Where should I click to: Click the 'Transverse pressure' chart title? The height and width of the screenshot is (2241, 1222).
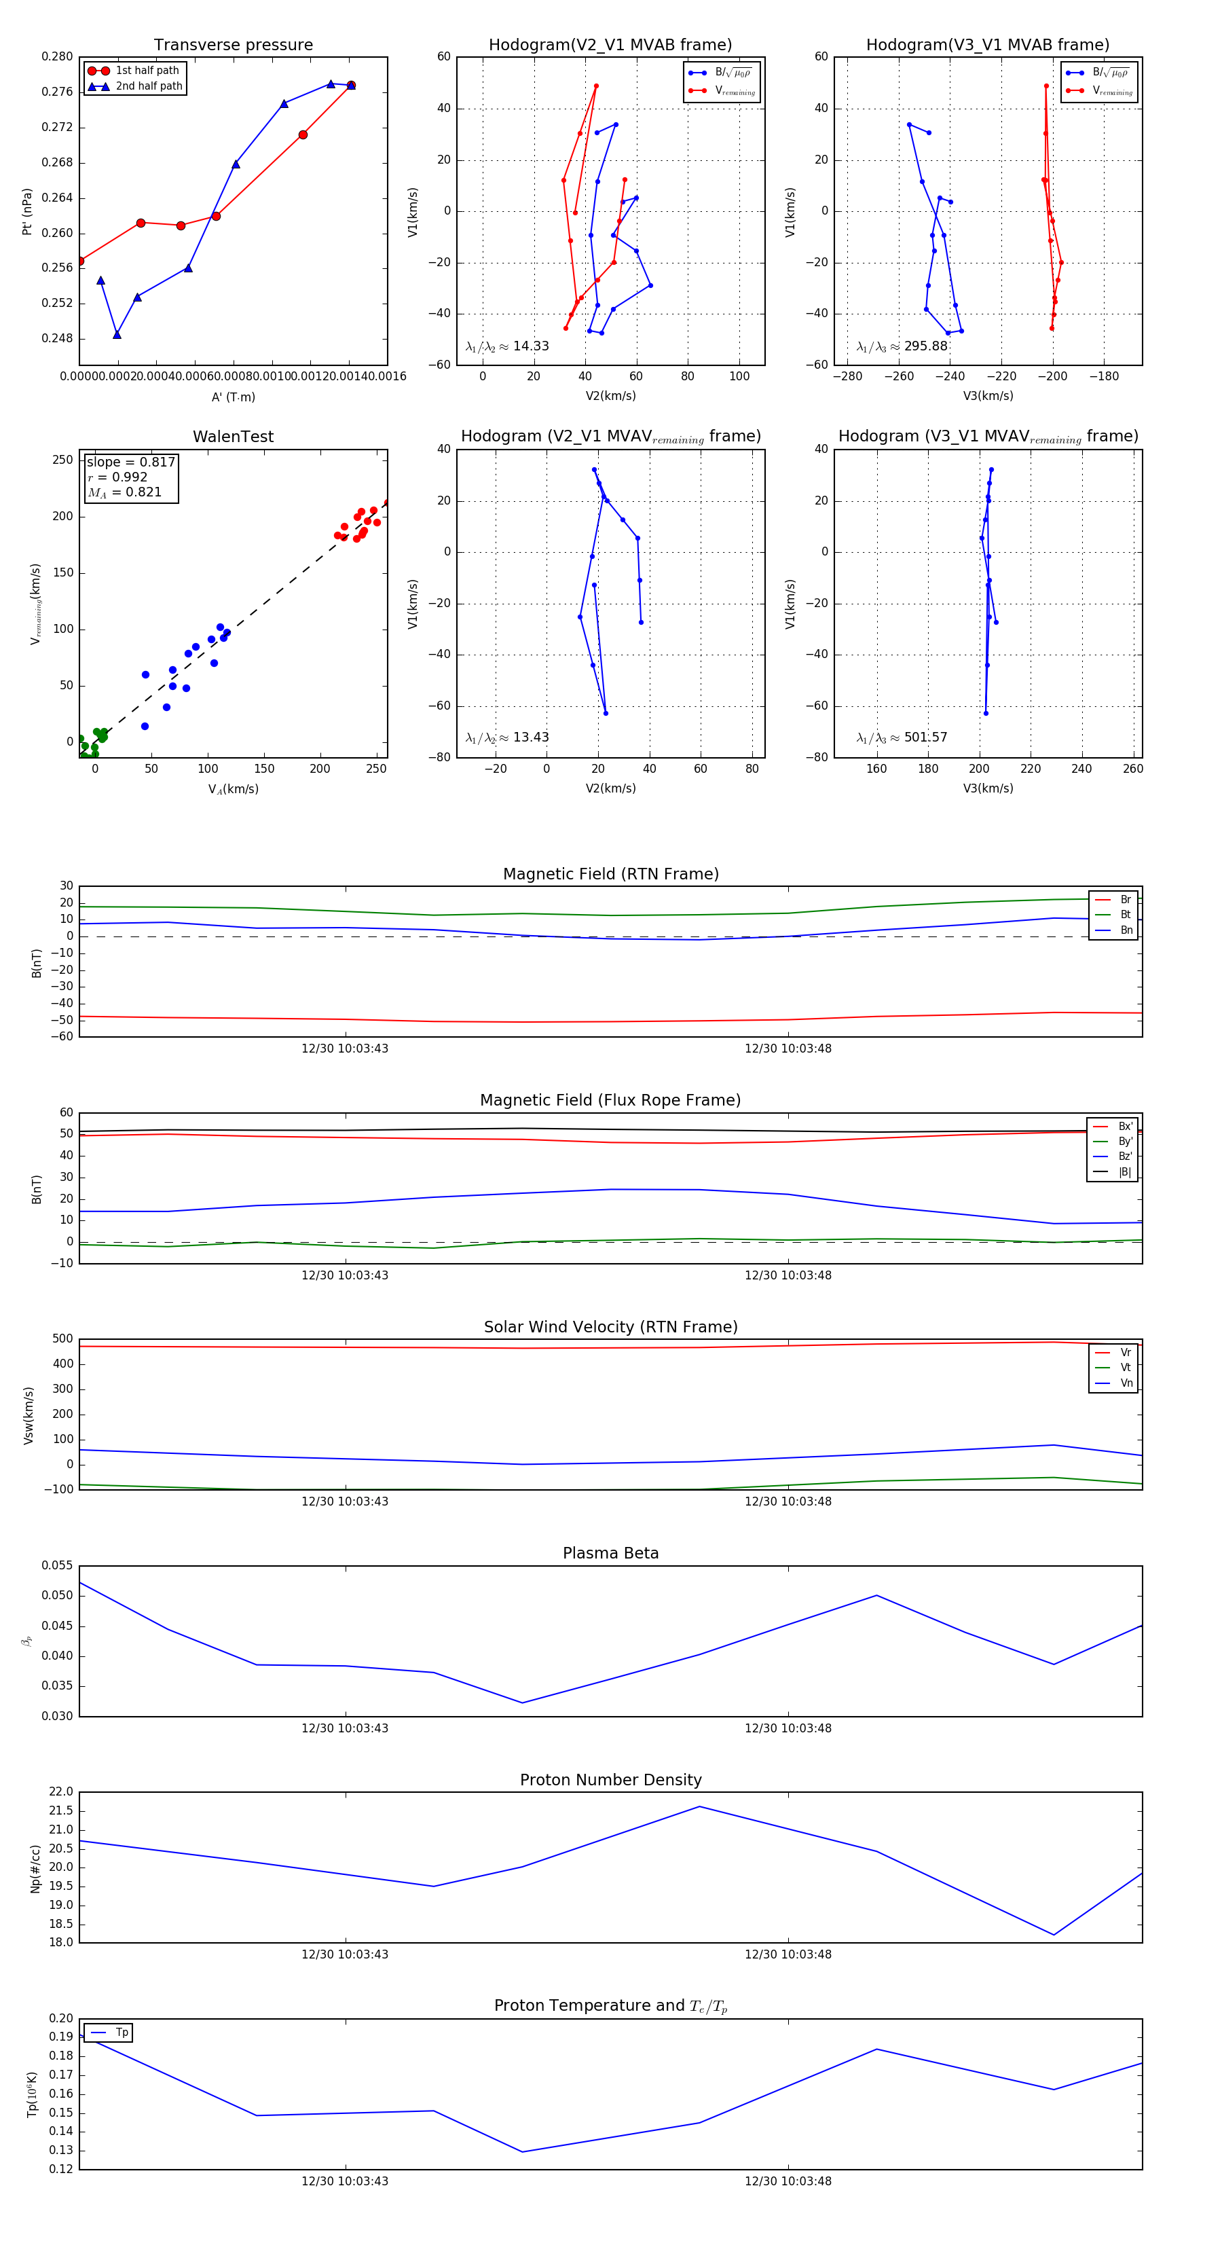pyautogui.click(x=233, y=45)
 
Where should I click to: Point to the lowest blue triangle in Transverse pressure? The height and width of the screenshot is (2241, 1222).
pyautogui.click(x=117, y=335)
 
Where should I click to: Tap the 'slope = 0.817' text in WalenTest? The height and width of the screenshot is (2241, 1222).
pyautogui.click(x=130, y=462)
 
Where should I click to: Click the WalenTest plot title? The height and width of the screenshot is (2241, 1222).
pyautogui.click(x=233, y=437)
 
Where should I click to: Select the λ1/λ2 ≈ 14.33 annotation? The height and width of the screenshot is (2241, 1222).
pyautogui.click(x=507, y=346)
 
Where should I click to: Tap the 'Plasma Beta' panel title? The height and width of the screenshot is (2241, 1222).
pyautogui.click(x=610, y=1554)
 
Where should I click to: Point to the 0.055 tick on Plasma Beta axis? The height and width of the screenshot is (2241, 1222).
pyautogui.click(x=58, y=1565)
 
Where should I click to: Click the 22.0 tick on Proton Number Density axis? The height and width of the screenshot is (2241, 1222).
pyautogui.click(x=61, y=1792)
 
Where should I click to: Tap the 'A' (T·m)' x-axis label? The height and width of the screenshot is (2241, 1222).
pyautogui.click(x=233, y=397)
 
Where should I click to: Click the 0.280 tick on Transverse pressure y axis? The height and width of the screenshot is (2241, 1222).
pyautogui.click(x=58, y=56)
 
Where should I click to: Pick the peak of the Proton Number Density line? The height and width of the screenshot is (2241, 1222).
pyautogui.click(x=699, y=1807)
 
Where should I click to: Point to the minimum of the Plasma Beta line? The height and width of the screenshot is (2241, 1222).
pyautogui.click(x=522, y=1703)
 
